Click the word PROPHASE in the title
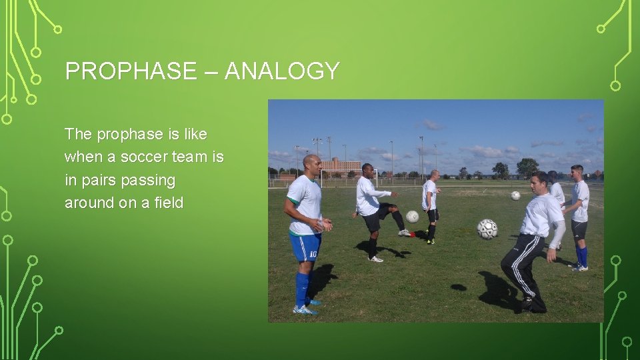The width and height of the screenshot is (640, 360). pyautogui.click(x=131, y=71)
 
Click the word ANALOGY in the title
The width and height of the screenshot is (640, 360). pyautogui.click(x=282, y=71)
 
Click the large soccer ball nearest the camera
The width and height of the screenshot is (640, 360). pyautogui.click(x=487, y=229)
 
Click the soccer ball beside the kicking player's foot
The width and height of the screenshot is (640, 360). pyautogui.click(x=413, y=216)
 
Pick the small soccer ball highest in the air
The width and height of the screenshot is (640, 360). pyautogui.click(x=515, y=195)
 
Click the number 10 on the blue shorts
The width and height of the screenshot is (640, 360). pyautogui.click(x=313, y=254)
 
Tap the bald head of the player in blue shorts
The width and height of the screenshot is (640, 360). pyautogui.click(x=311, y=162)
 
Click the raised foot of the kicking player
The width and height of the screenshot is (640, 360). pyautogui.click(x=405, y=233)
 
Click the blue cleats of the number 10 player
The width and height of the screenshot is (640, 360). pyautogui.click(x=303, y=309)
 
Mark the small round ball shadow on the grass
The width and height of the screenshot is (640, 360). pyautogui.click(x=458, y=287)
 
